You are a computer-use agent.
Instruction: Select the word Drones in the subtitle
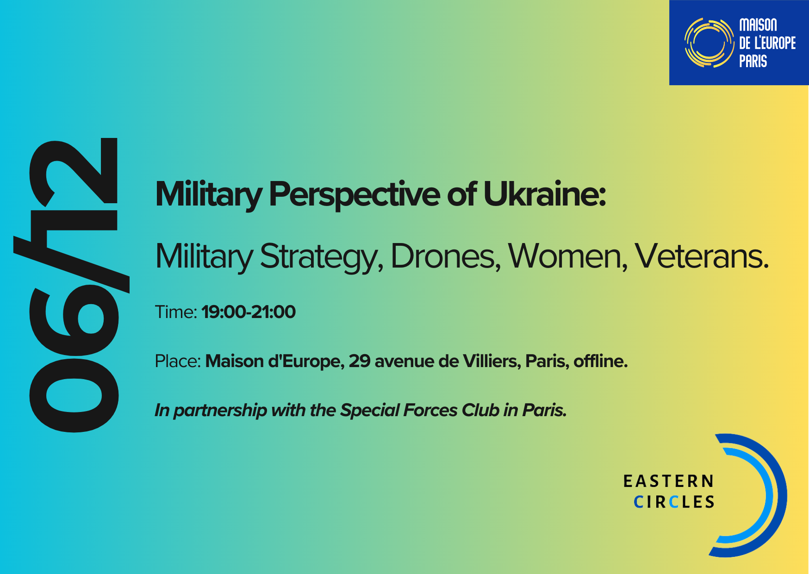tap(445, 256)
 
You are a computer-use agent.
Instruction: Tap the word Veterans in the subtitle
tap(701, 256)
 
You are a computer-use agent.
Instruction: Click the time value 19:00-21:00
tap(249, 312)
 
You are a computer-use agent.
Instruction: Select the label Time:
tap(176, 312)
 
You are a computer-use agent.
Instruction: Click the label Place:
tap(178, 361)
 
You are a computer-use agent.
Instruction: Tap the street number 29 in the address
tap(360, 361)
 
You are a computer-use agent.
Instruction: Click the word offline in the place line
tap(598, 361)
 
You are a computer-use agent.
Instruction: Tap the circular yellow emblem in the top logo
tap(709, 43)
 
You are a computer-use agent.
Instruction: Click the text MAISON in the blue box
tap(758, 25)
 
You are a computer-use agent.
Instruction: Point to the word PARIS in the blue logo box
tap(753, 61)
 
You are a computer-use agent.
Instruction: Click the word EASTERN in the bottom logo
tap(668, 481)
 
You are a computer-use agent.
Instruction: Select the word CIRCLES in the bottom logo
tap(674, 502)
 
